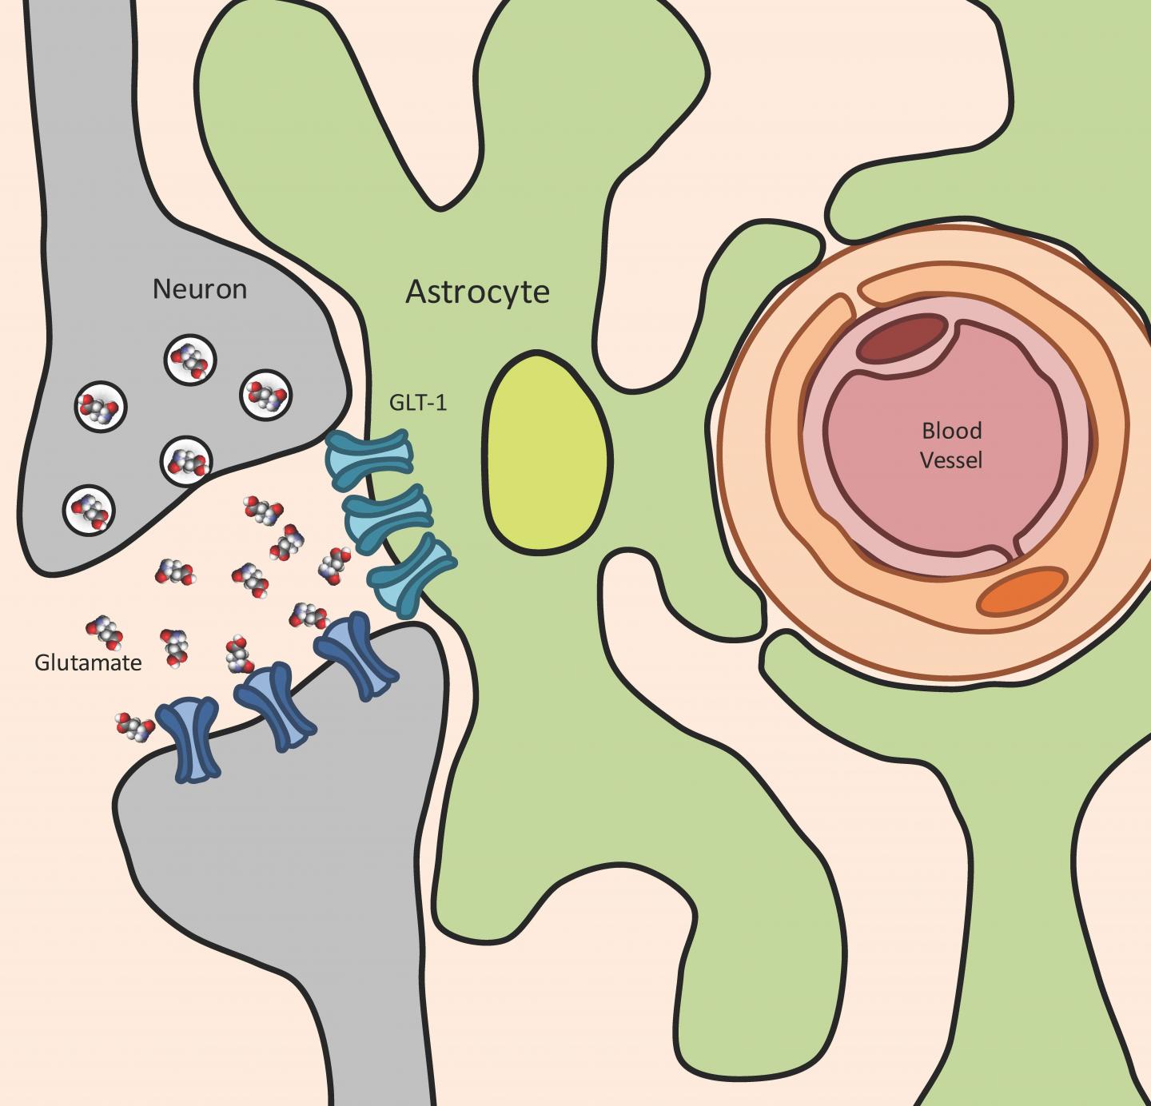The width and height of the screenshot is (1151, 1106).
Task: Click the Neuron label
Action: tap(199, 288)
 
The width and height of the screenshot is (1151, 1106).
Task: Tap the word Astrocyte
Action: tap(477, 292)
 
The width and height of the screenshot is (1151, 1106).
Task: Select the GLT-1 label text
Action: tap(417, 402)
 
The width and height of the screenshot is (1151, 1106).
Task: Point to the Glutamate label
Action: tap(88, 662)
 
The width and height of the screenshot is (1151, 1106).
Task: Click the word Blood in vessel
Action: tap(951, 431)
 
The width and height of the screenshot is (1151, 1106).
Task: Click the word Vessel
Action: tap(951, 460)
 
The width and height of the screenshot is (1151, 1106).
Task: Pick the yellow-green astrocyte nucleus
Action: tap(545, 453)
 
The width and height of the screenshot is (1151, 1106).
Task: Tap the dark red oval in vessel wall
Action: tap(902, 339)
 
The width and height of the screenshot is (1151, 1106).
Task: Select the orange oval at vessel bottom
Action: tap(1023, 591)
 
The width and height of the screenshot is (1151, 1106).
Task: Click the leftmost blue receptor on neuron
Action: tap(188, 738)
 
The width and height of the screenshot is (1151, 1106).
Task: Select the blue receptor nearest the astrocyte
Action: tap(356, 655)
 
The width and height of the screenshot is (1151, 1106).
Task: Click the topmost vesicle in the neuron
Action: tap(190, 361)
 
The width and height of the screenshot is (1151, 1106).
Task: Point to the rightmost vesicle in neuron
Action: tap(266, 395)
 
